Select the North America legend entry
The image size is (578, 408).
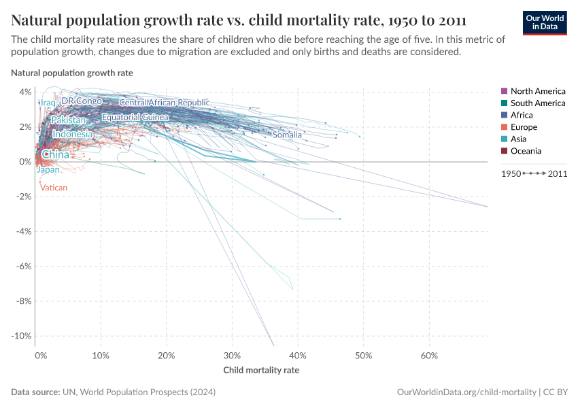pyautogui.click(x=537, y=91)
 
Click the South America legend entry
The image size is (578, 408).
pyautogui.click(x=537, y=103)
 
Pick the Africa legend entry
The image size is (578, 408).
pyautogui.click(x=522, y=115)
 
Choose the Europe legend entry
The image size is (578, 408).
pyautogui.click(x=524, y=127)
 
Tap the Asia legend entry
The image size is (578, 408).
pyautogui.click(x=518, y=139)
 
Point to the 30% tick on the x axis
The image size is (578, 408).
pyautogui.click(x=233, y=356)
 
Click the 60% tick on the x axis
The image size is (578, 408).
pyautogui.click(x=429, y=356)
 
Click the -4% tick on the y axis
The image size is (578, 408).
pyautogui.click(x=23, y=231)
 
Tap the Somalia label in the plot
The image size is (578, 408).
pyautogui.click(x=287, y=135)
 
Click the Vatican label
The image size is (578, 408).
pyautogui.click(x=54, y=188)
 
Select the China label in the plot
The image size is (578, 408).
pyautogui.click(x=55, y=155)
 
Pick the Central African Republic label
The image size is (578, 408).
pyautogui.click(x=164, y=103)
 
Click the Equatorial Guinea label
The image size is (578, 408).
pyautogui.click(x=135, y=118)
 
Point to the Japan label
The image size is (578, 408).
pyautogui.click(x=48, y=170)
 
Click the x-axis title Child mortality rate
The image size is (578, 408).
pyautogui.click(x=261, y=371)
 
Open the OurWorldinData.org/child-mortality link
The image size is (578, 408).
pyautogui.click(x=466, y=392)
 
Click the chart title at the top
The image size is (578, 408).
pyautogui.click(x=239, y=19)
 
